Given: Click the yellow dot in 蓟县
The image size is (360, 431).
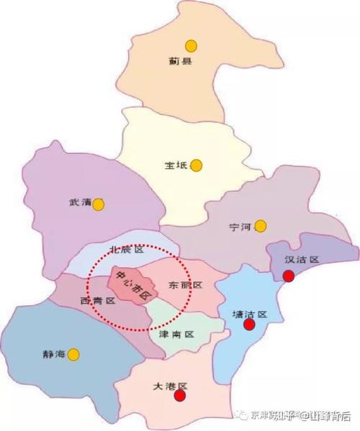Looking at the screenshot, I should click(190, 45).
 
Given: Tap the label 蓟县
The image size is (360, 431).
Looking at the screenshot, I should click(181, 63).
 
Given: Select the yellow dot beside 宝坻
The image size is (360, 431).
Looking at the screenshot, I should click(197, 165).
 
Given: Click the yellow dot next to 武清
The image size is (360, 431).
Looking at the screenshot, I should click(99, 204).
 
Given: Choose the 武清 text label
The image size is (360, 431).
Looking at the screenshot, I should click(80, 204).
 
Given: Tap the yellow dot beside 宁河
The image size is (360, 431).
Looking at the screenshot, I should click(261, 226).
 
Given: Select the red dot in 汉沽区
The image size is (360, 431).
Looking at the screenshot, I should click(289, 276).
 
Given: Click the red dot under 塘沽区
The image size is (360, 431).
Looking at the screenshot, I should click(249, 325).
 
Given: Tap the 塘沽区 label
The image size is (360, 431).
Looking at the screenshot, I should click(250, 314).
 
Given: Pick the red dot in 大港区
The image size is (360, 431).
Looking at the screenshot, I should click(180, 394).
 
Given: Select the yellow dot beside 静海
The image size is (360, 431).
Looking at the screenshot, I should click(73, 353).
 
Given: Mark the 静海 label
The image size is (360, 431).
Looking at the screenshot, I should click(54, 354).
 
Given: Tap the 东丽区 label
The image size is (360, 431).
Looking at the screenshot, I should click(184, 285).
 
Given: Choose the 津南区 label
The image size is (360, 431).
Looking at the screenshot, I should click(176, 335).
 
